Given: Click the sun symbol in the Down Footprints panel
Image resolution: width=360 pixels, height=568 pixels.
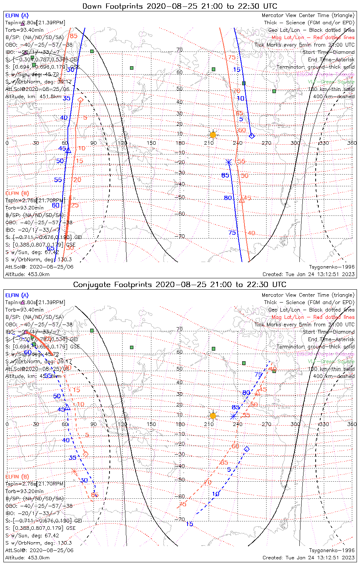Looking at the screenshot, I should (x=213, y=135).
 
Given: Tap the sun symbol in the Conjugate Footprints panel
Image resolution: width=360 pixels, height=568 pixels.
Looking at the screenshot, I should (x=213, y=415).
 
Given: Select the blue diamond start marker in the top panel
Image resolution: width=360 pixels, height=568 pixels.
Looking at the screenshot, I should (x=252, y=136).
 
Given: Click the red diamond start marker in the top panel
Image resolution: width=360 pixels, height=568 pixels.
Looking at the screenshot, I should (x=80, y=100).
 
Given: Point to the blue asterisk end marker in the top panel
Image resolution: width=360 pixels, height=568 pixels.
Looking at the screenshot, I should (x=228, y=162).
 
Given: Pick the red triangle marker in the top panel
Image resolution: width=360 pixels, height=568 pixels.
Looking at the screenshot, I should (x=242, y=200).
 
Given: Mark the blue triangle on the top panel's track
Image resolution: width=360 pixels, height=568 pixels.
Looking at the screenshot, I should (x=69, y=151).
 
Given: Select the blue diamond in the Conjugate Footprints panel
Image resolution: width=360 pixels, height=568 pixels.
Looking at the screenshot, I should (x=247, y=449).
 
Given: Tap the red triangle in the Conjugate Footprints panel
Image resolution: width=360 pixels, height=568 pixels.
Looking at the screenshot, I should (x=257, y=393).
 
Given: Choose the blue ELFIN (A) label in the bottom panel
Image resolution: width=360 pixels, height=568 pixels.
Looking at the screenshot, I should (x=17, y=295).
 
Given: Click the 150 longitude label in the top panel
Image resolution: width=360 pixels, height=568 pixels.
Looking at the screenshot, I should (x=151, y=143).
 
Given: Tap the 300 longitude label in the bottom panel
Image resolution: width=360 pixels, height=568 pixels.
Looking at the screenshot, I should (x=295, y=424).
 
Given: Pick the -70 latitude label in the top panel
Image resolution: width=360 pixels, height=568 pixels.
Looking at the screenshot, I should (x=180, y=236).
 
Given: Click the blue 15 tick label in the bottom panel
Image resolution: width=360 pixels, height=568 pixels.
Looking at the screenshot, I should (x=189, y=524).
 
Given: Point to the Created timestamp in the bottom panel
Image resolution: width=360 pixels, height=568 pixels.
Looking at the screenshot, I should (x=308, y=557).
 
